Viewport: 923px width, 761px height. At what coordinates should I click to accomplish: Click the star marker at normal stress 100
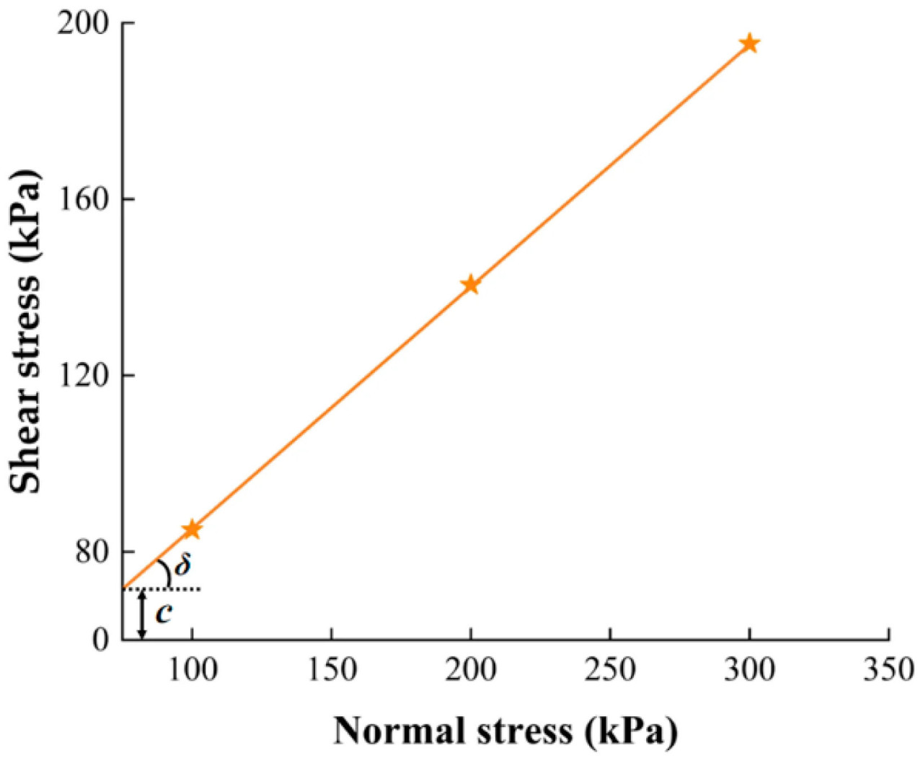(191, 529)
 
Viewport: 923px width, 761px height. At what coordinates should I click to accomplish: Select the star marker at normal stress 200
(470, 284)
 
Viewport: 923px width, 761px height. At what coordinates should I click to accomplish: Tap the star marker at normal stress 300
(749, 43)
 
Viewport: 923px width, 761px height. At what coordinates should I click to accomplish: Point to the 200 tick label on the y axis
(84, 24)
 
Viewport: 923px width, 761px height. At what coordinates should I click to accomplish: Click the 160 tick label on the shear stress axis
(84, 199)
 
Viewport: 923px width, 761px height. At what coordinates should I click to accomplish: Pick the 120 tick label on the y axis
(84, 375)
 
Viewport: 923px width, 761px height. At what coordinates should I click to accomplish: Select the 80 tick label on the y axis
(92, 552)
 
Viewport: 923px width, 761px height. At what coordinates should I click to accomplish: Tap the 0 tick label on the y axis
(101, 640)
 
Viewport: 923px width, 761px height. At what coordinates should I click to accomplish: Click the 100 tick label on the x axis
(192, 670)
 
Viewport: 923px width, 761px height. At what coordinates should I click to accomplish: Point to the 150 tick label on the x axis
(331, 670)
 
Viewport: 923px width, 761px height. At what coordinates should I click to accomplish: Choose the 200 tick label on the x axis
(470, 670)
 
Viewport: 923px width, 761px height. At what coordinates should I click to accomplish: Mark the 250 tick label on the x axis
(610, 670)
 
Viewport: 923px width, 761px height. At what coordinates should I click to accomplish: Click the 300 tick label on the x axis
(749, 670)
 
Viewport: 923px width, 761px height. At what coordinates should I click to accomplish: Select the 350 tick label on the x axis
(888, 670)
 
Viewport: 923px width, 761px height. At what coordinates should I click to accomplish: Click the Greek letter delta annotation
(183, 564)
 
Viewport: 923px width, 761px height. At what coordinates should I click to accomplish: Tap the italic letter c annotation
(164, 612)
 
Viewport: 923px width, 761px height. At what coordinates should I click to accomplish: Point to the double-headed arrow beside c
(142, 614)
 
